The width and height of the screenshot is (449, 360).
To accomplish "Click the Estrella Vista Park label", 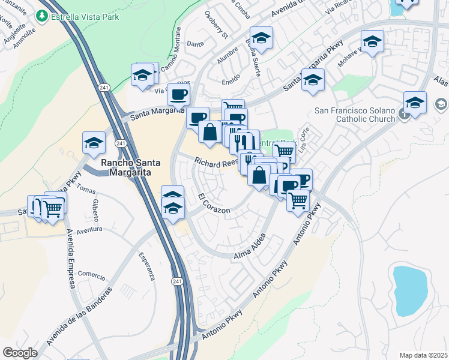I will click(85, 17).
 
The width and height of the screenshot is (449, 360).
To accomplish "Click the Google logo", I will click(20, 353).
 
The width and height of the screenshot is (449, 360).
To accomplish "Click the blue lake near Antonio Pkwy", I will click(410, 289).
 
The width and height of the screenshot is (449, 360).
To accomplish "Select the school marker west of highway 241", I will click(94, 143).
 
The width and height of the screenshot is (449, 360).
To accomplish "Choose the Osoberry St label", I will click(217, 32).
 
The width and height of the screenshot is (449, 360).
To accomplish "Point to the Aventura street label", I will click(90, 229).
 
